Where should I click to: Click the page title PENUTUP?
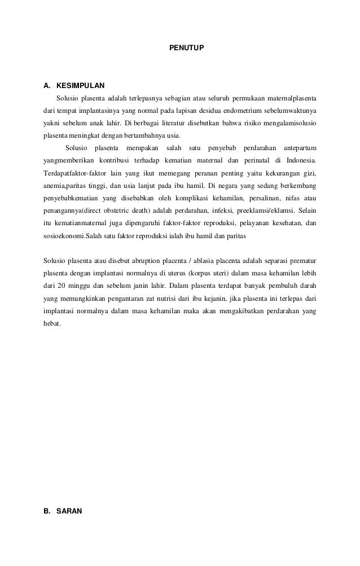187,50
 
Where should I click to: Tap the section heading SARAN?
69,511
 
